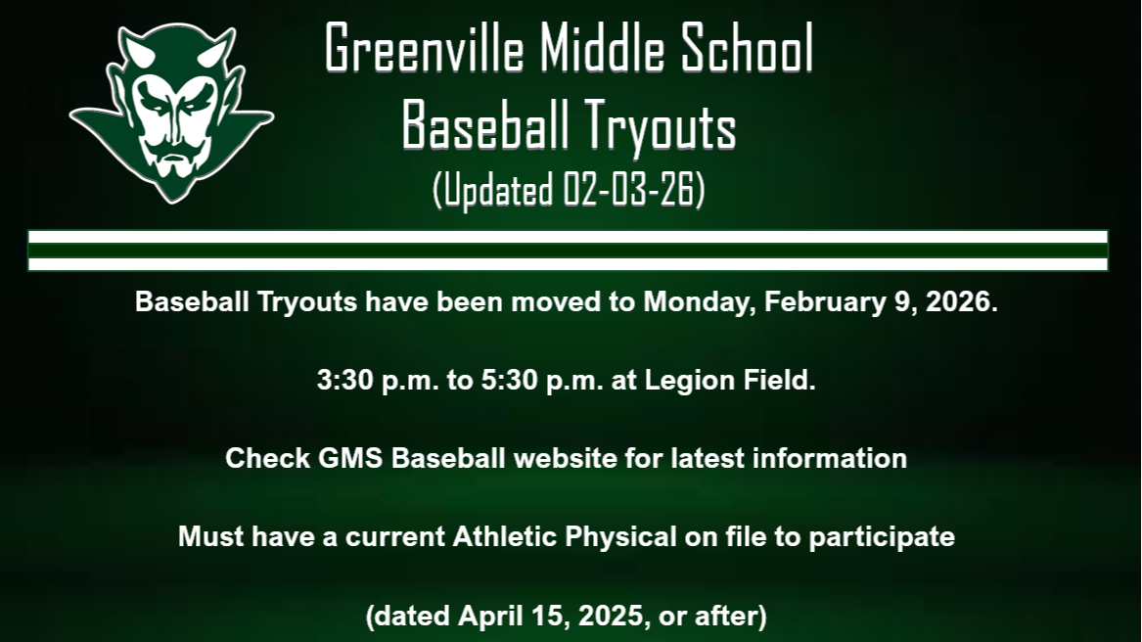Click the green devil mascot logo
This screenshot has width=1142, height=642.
(x=171, y=113)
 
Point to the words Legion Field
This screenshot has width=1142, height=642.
(x=730, y=380)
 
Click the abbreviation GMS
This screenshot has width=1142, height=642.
(x=351, y=458)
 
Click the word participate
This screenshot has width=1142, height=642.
(x=881, y=536)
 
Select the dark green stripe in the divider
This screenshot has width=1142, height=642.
(x=568, y=251)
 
